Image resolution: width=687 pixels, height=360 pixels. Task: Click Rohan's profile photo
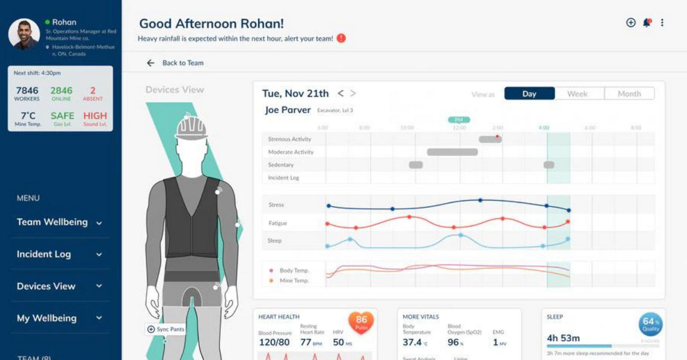coord(24,34)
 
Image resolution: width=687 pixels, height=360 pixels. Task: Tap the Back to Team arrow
coord(151,63)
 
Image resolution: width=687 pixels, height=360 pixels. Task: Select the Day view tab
coord(529,94)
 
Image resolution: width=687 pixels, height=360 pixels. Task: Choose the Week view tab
coord(577,94)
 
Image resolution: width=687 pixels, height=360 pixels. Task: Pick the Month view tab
coord(629,94)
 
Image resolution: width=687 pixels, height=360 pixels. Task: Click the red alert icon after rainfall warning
coord(341,38)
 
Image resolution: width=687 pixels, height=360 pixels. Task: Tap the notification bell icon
coord(647,23)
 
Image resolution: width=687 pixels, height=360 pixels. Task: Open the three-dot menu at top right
coord(662,23)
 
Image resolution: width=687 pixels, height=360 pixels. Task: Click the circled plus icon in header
coord(631,23)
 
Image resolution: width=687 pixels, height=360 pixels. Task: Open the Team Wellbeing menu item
coord(52,222)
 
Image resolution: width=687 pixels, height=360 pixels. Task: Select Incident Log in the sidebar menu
coord(44,254)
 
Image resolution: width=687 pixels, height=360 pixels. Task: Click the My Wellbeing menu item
coord(47,318)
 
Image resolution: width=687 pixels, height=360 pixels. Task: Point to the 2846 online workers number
coord(61,91)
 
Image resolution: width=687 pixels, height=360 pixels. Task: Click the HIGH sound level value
coord(95,116)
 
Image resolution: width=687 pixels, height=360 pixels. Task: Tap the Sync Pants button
coord(166,329)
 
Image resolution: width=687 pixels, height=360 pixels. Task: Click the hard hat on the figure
coord(192,128)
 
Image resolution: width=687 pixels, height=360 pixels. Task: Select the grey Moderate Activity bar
coord(452,152)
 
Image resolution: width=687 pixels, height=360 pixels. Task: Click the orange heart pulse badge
coord(361,322)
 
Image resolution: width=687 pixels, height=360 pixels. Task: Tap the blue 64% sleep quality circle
coord(650,324)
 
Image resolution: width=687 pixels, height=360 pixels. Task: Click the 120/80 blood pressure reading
coord(274,342)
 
